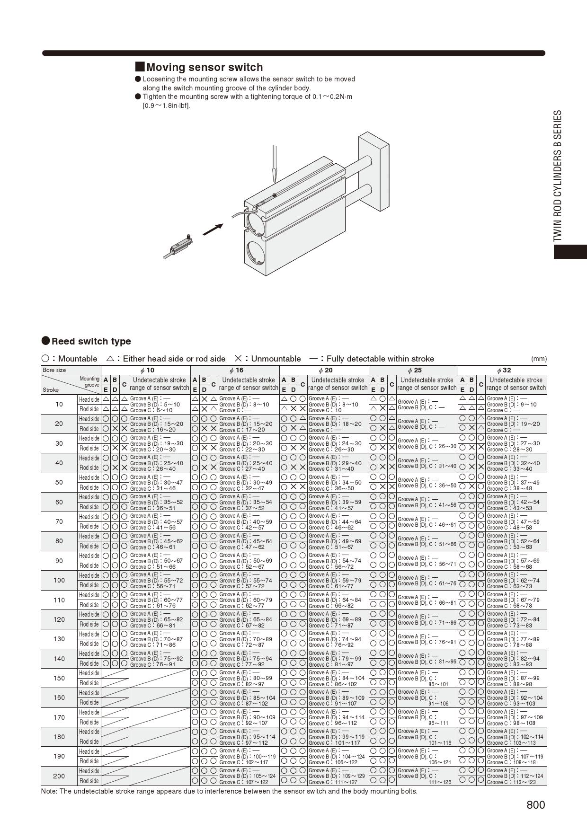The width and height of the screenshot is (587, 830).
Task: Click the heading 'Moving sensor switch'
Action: tap(204, 67)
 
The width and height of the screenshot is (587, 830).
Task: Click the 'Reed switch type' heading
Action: tap(91, 341)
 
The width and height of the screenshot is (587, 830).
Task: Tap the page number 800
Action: tap(535, 805)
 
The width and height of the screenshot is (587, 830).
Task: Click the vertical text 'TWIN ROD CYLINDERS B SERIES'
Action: tap(558, 176)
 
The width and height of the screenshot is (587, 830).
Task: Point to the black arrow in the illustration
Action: tap(213, 230)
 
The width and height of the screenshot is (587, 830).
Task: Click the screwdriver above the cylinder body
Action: tap(273, 164)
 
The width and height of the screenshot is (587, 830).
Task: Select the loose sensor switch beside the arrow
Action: tap(179, 247)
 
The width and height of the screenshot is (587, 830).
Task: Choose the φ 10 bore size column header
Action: tap(147, 370)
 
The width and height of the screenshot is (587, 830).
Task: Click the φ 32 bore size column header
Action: tap(504, 370)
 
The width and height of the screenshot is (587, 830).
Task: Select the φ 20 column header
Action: tap(325, 370)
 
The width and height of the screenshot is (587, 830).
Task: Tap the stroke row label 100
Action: tap(59, 580)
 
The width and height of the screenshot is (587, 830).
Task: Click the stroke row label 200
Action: tap(59, 776)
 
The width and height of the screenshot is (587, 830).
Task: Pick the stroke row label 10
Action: tap(59, 404)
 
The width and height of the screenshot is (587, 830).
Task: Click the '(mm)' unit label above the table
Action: tap(539, 359)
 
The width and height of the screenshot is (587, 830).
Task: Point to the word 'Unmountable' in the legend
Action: tap(276, 359)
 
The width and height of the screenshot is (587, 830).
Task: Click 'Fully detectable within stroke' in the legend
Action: tap(380, 359)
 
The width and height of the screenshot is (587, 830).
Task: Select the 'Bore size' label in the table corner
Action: tap(54, 370)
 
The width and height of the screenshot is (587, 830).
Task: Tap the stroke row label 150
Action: tap(59, 678)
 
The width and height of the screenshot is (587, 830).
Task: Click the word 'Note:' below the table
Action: tap(49, 791)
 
